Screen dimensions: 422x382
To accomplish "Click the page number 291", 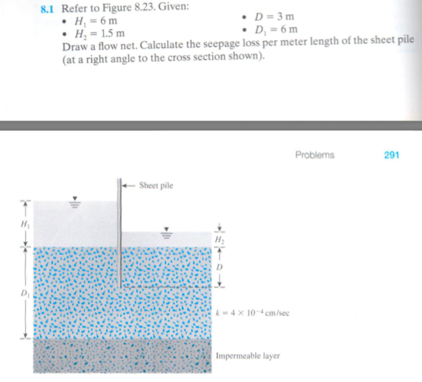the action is (392, 155).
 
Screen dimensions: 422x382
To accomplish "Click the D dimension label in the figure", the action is (220, 268).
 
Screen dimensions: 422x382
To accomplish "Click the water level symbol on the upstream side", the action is (74, 202).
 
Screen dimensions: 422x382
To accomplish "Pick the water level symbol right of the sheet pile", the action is (165, 233).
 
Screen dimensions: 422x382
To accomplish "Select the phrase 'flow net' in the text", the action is (123, 47).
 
